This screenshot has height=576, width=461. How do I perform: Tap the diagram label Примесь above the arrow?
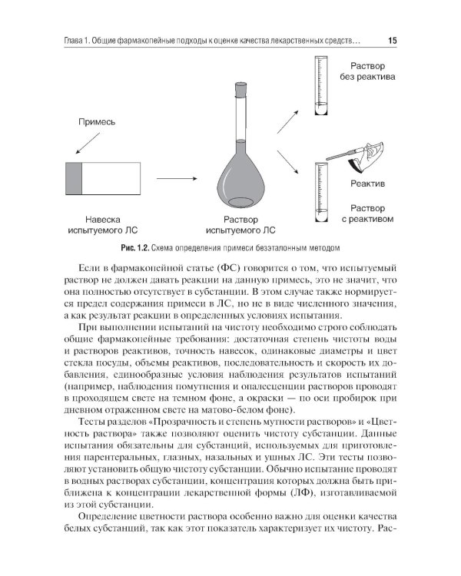coord(97,122)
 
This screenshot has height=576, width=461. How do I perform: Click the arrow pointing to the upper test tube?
coord(288,122)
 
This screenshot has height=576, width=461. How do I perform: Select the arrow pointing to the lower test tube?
coord(287,162)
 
